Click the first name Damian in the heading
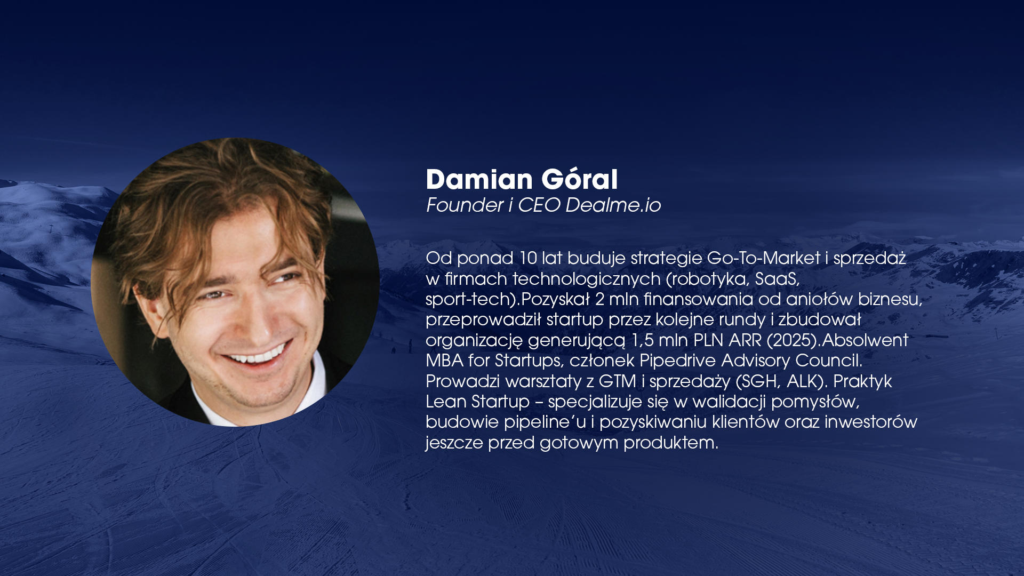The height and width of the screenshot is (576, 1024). coord(479,179)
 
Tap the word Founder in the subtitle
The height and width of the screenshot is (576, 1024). coord(465,205)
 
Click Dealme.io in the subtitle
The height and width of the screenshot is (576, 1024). coord(613,205)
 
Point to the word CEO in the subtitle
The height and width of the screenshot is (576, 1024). coord(539,205)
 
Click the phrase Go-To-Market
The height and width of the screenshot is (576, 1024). coord(763,258)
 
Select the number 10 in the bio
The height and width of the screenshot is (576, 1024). coord(528,258)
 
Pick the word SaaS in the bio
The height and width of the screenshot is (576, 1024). coord(777,279)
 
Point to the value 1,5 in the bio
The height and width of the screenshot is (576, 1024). coord(642,340)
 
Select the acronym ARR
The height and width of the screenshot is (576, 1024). coord(745,340)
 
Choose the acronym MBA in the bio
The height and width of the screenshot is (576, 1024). coord(445,361)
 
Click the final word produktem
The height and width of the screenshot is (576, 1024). coord(670,443)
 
